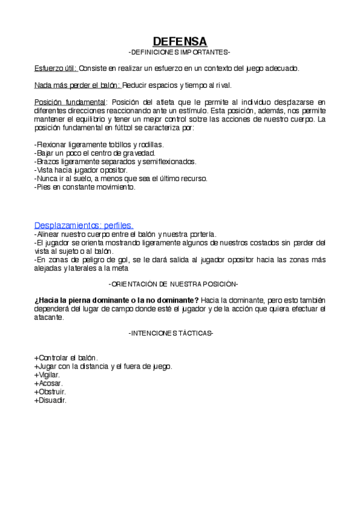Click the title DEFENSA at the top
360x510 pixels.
tap(180, 41)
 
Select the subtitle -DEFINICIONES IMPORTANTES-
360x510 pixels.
tap(180, 52)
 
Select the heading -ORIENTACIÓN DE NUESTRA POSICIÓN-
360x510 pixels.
tap(173, 283)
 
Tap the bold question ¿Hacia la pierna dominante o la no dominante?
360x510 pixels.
tap(117, 300)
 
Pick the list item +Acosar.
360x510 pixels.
tap(49, 382)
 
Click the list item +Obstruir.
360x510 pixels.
tap(50, 391)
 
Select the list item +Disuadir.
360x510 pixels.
tap(50, 399)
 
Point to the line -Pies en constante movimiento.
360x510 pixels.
tap(85, 187)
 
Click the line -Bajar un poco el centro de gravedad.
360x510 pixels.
tap(95, 153)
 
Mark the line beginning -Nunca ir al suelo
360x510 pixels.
tap(121, 179)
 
